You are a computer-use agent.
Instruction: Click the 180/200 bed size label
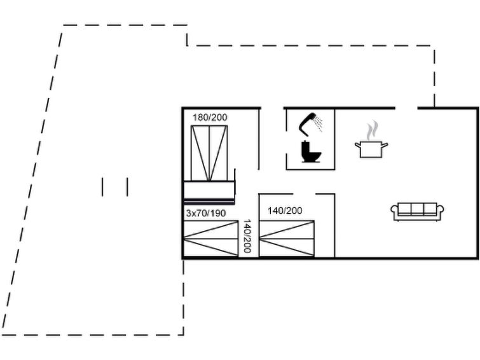coord(210,118)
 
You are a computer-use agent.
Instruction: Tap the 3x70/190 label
coord(205,214)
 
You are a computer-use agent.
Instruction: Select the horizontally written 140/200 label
coord(285,211)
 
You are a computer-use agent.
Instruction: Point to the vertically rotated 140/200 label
coord(247,236)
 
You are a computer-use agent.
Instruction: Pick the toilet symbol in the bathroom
coord(311,153)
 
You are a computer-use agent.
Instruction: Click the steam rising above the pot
coord(372,130)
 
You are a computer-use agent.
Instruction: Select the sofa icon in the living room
coord(417,211)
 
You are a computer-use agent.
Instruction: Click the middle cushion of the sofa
coord(417,209)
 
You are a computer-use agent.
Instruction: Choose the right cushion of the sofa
coord(430,209)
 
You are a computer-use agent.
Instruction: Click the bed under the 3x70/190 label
coord(210,239)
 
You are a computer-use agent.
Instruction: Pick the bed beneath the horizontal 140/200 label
coord(287,239)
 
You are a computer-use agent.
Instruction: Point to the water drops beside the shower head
coord(319,123)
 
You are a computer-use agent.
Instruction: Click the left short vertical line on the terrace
coord(102,187)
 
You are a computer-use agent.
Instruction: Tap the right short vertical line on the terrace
coord(127,187)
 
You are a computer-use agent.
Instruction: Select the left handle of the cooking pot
coord(357,146)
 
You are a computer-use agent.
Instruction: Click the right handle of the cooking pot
coord(385,146)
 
